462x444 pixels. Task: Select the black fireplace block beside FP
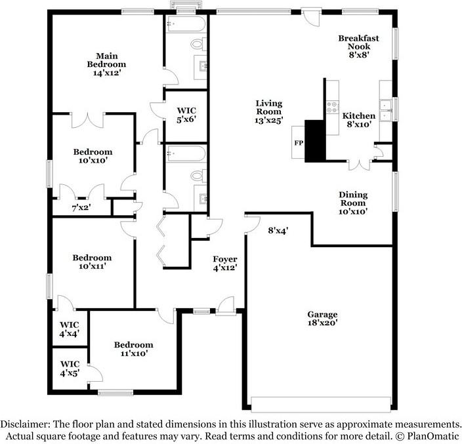click(316, 140)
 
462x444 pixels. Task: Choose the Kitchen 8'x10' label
click(360, 120)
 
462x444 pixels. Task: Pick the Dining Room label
click(353, 203)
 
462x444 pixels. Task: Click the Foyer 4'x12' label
click(224, 264)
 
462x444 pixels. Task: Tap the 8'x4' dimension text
click(278, 230)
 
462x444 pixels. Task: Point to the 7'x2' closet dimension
click(81, 208)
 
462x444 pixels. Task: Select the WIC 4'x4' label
click(70, 329)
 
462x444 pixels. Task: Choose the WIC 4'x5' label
click(70, 368)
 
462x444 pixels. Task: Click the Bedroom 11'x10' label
click(133, 349)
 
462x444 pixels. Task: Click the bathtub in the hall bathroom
click(186, 155)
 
